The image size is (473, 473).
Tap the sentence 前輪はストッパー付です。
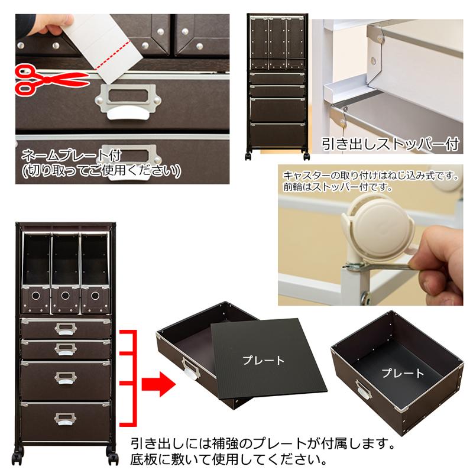click(337, 186)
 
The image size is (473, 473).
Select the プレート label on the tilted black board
click(264, 359)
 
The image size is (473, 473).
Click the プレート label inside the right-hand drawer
click(403, 373)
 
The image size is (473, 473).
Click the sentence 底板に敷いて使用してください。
click(227, 459)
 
